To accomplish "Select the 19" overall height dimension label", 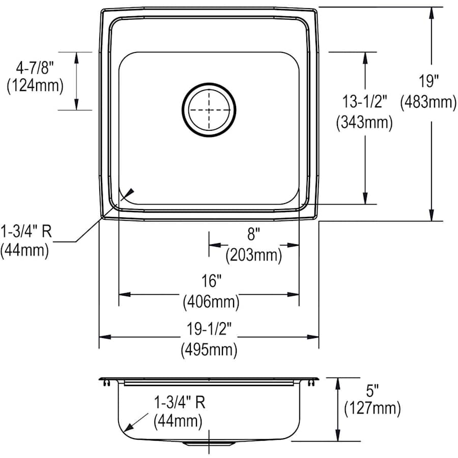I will tap(428, 80).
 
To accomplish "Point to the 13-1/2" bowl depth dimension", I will tap(364, 101).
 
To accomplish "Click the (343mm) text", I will tap(364, 123).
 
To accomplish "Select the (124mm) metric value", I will tap(35, 85).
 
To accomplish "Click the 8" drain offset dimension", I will tap(253, 234).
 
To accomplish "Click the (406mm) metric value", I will tap(211, 302).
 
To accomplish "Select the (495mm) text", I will tap(209, 350).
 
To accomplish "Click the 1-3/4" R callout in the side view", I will tap(179, 403).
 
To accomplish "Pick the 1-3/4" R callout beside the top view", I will tap(26, 232).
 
